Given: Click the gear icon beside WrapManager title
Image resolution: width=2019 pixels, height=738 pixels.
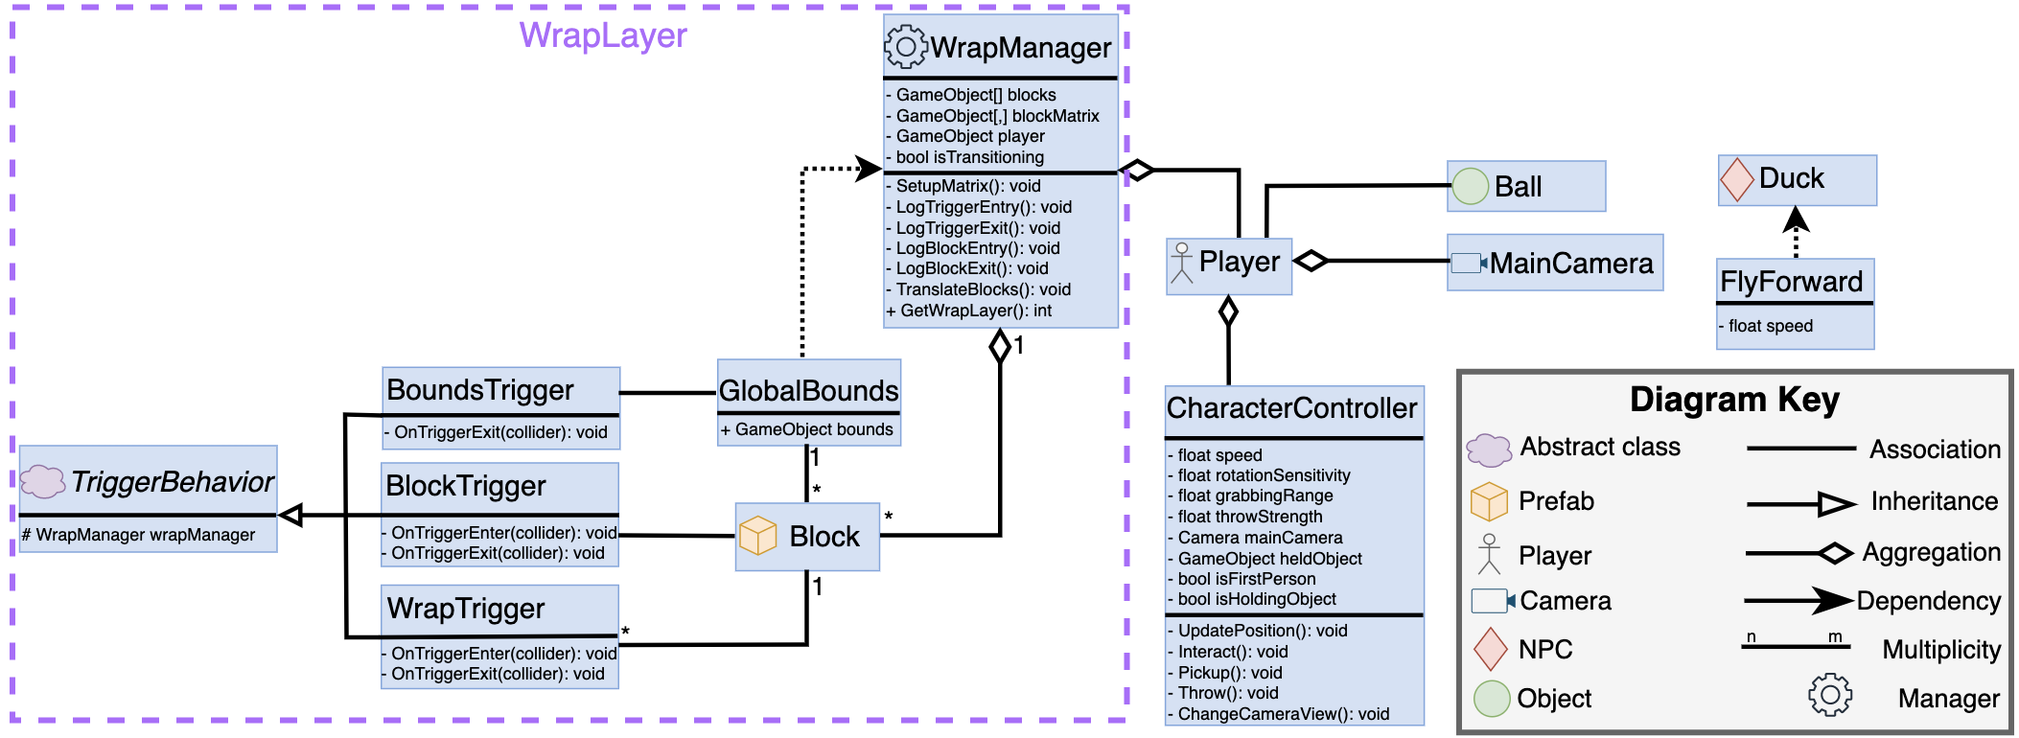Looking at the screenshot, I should click(x=905, y=46).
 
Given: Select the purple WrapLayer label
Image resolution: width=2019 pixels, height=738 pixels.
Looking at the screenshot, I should click(x=603, y=35).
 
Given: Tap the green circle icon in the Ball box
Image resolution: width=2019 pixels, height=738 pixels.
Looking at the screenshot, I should click(x=1470, y=186).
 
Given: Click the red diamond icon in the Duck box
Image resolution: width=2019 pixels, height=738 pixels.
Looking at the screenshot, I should click(x=1737, y=180).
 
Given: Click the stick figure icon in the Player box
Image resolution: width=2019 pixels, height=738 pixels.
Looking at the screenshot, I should click(x=1182, y=264).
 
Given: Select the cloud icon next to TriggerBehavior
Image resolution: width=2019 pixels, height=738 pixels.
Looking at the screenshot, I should click(x=43, y=481).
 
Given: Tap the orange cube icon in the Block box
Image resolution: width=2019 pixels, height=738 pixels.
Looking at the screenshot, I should click(x=758, y=536).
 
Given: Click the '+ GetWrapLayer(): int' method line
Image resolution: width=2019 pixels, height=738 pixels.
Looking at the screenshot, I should click(x=969, y=311).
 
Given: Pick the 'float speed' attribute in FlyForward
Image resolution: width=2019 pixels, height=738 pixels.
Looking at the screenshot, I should click(x=1770, y=326).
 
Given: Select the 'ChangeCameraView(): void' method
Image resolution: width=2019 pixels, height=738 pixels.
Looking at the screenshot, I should click(x=1283, y=714).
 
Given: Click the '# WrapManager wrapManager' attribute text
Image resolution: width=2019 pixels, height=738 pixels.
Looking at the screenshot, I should click(x=138, y=535).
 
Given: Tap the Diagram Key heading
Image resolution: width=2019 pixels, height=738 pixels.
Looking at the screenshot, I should click(x=1734, y=399).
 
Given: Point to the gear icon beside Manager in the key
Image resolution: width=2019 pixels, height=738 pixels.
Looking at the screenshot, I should click(x=1829, y=695).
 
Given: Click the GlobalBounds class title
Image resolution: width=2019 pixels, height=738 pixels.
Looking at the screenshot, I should click(x=808, y=390).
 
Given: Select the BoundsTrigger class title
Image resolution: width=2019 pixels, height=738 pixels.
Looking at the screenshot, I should click(x=479, y=390).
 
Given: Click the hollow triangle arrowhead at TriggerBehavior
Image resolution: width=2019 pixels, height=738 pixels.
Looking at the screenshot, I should click(x=290, y=516).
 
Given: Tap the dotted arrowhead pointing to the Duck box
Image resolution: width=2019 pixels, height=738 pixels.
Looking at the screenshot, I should click(x=1796, y=220).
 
